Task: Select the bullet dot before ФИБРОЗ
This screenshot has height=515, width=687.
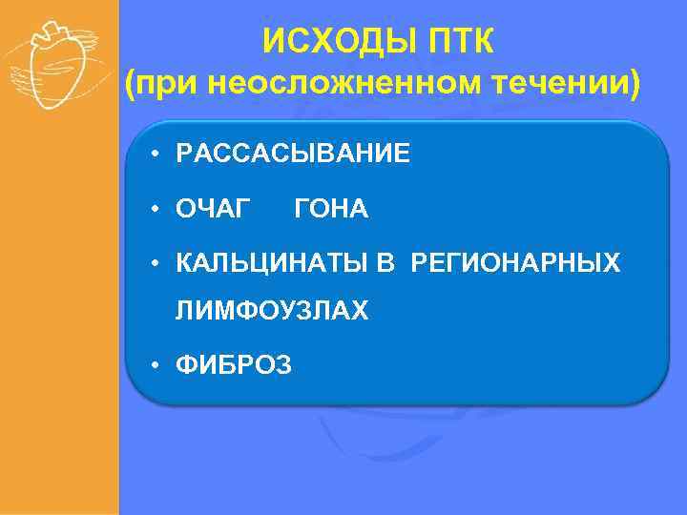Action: [153, 365]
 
